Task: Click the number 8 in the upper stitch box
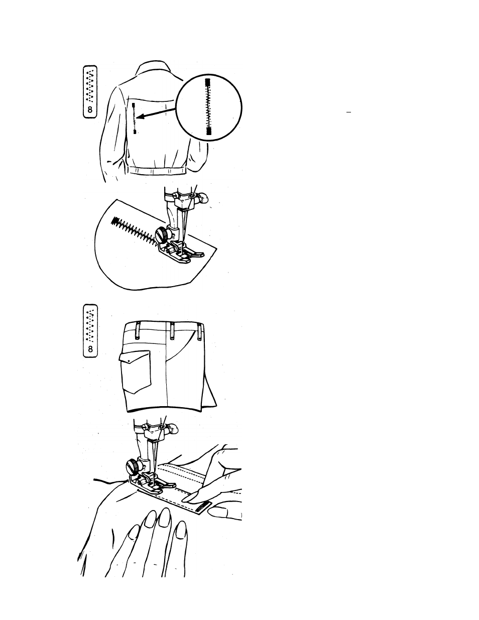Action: tap(90, 109)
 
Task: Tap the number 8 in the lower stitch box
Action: tap(90, 349)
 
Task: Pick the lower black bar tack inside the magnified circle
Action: tap(208, 131)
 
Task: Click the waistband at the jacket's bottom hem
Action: tap(157, 170)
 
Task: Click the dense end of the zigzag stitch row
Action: tap(114, 221)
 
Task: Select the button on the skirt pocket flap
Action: tap(129, 361)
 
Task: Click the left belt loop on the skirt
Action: tap(138, 331)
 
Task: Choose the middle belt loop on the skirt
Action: tap(172, 331)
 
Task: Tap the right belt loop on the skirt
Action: tap(200, 331)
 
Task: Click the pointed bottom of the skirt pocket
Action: tap(134, 393)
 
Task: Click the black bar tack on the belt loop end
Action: tap(202, 506)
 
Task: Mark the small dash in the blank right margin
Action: tap(348, 112)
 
